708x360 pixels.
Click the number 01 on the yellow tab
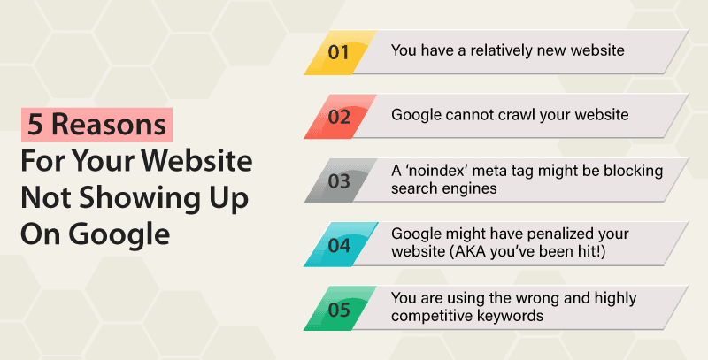[x=339, y=51]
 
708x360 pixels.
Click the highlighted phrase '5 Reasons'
[x=96, y=126]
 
